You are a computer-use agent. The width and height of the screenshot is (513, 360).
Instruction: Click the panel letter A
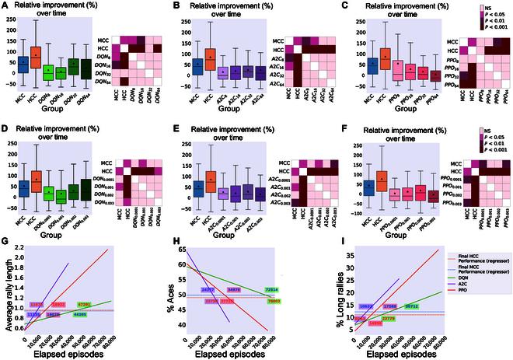click(5, 6)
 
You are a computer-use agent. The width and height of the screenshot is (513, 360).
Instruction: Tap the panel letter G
click(5, 243)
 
